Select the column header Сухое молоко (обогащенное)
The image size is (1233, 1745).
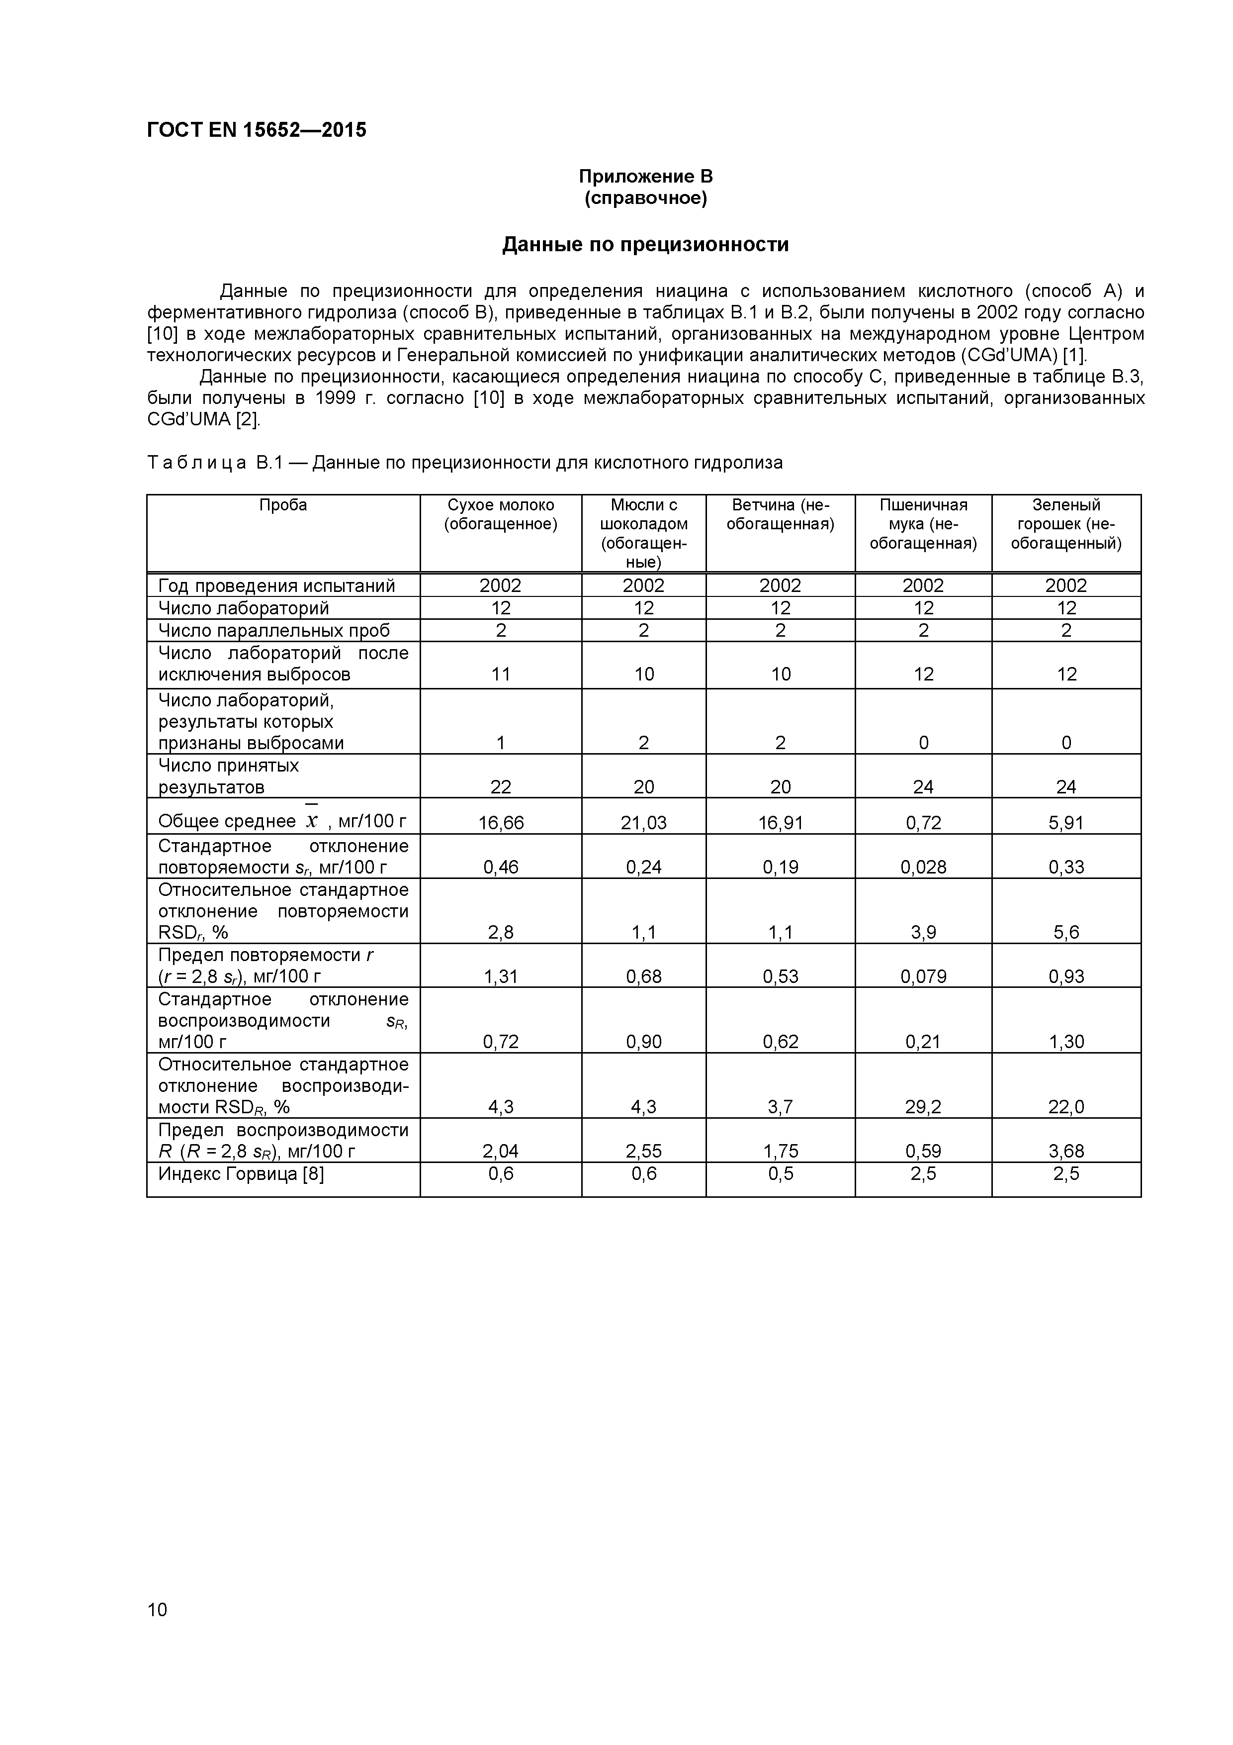pos(501,514)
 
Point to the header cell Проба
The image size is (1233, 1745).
pos(282,505)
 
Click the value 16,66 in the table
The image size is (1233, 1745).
pos(501,822)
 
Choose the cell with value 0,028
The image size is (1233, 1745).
pos(923,867)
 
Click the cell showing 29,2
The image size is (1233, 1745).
pos(923,1107)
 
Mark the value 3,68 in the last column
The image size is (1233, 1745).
pos(1066,1152)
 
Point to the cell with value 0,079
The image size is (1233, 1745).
pos(923,976)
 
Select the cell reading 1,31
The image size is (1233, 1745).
pos(501,976)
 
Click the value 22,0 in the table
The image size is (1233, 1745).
pos(1066,1107)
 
